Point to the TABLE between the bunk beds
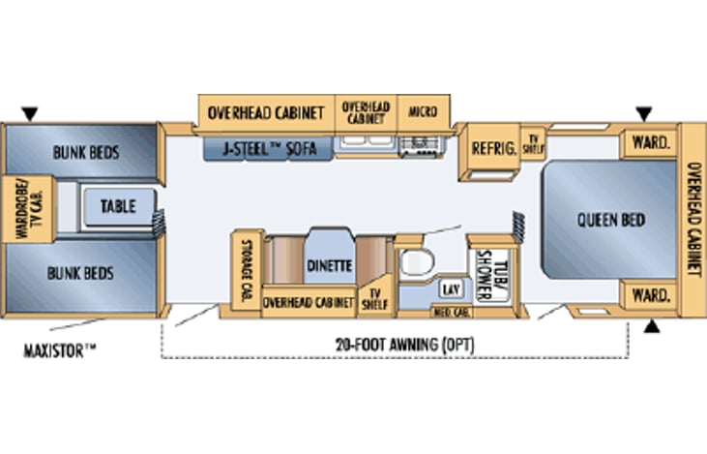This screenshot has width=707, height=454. (118, 205)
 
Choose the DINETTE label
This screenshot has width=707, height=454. (330, 265)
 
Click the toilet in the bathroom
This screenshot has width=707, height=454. (417, 263)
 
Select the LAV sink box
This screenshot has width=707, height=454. (450, 289)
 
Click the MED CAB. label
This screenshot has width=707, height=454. (451, 312)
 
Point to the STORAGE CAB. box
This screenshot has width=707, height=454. (246, 271)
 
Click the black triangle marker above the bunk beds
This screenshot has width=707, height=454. (30, 114)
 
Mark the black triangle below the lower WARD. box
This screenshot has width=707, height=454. (653, 326)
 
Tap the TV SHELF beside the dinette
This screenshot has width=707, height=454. (372, 298)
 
